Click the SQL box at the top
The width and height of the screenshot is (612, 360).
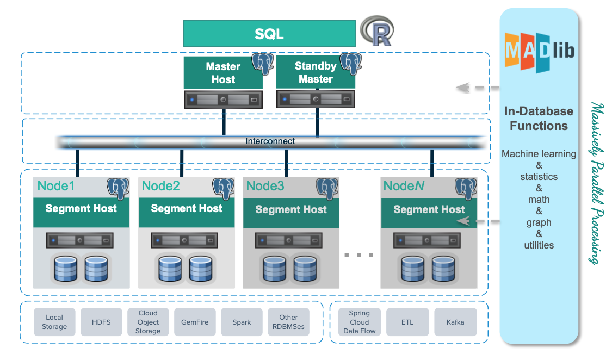pos(269,34)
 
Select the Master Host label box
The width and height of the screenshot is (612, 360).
pos(223,73)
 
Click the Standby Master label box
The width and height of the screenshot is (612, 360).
pos(316,73)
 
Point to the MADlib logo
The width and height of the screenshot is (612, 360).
pos(539,52)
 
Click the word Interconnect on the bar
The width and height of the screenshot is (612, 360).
pos(270,141)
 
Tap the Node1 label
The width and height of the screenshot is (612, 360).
pos(55,186)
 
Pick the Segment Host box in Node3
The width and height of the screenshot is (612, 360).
pos(291,210)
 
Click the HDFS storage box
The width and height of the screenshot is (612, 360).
pos(101,322)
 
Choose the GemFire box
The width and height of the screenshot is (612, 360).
pos(195,322)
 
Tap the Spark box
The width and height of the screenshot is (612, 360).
pos(242,322)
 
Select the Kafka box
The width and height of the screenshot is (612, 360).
pos(455,322)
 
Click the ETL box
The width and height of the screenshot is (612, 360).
pos(407,322)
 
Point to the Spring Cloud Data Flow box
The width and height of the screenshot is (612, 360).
pos(360,322)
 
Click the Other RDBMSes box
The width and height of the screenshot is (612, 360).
pos(288,322)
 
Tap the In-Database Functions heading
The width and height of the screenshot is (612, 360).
pos(539,119)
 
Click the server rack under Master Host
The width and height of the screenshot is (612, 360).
pos(223,100)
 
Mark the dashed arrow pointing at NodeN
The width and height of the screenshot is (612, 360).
pos(479,221)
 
